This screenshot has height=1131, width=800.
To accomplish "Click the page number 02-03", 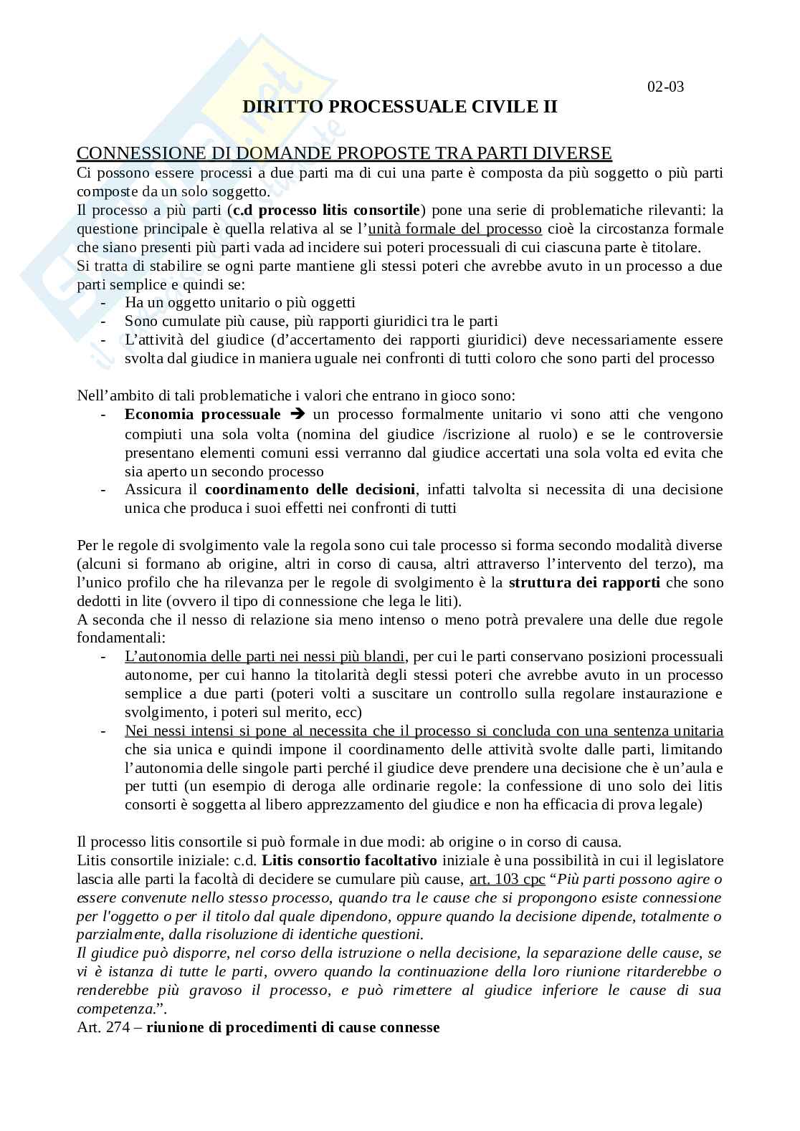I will tap(665, 87).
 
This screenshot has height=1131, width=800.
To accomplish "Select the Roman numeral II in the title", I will tap(548, 107).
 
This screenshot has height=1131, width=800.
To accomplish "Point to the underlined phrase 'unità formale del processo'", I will tap(454, 228).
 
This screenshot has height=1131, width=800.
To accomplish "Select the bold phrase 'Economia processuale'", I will tap(203, 414).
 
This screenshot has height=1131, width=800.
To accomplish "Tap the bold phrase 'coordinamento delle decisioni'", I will tap(310, 489).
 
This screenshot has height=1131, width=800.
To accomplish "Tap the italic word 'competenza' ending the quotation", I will tap(114, 1009).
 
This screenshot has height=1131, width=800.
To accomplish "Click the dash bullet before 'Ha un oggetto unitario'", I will tap(104, 303).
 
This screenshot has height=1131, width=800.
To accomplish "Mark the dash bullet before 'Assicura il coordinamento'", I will tap(104, 489).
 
